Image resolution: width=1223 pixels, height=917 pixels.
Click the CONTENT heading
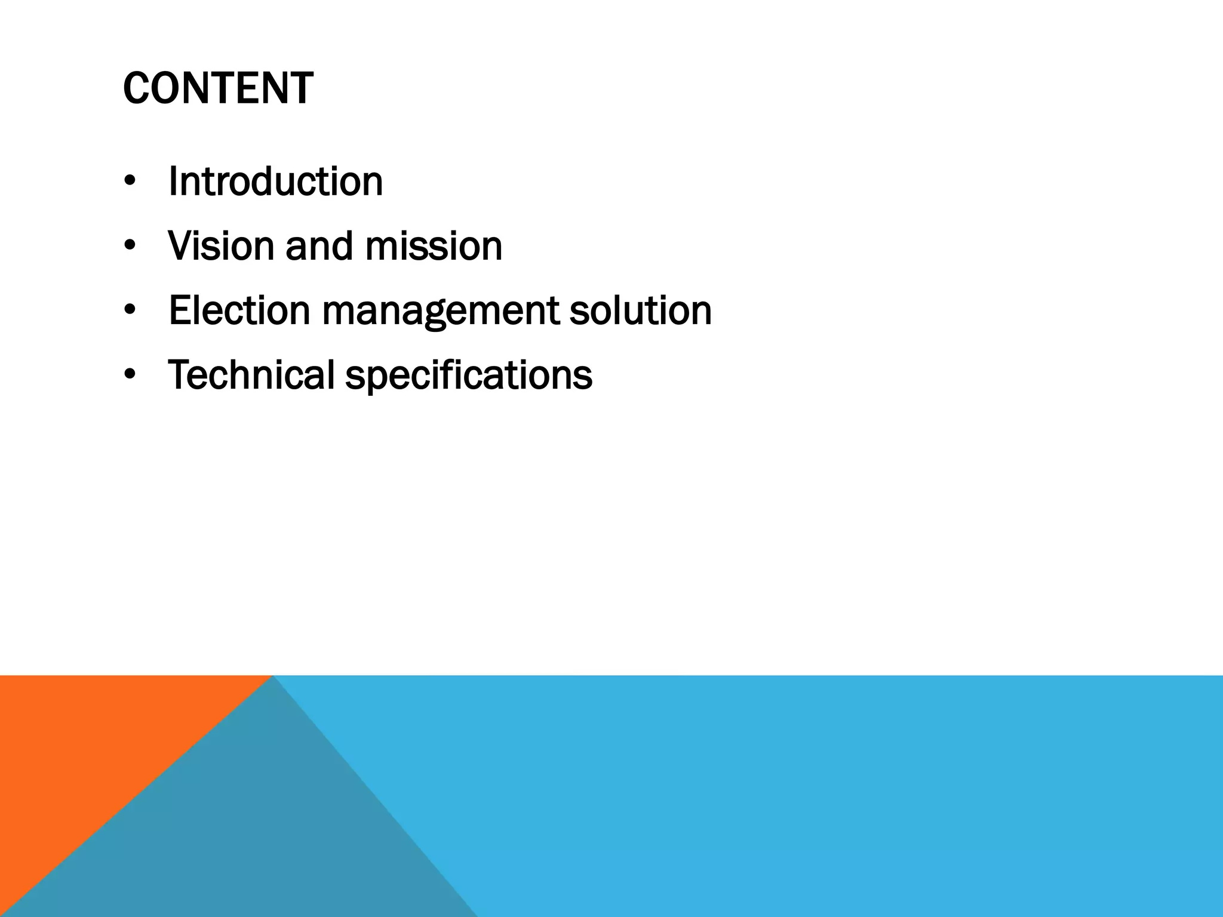pos(218,88)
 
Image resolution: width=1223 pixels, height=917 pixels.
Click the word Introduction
pos(275,181)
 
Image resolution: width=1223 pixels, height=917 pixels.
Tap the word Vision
pos(221,246)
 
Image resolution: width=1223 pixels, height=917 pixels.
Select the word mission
pos(434,246)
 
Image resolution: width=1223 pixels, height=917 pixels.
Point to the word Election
pos(239,310)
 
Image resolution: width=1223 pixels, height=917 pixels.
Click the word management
pos(441,312)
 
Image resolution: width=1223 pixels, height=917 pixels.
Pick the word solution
pos(640,310)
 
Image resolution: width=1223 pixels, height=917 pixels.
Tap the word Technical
pos(251,375)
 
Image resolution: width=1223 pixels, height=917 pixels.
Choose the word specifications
pos(469,376)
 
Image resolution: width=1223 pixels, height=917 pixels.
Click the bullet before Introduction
pos(130,182)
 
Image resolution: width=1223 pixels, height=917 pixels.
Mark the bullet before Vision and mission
pos(130,247)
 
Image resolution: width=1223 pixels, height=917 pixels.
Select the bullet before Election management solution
pos(130,311)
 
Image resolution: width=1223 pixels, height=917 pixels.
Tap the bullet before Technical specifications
pos(130,376)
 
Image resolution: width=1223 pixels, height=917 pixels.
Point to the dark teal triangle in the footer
pos(251,836)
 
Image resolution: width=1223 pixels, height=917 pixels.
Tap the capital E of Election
pos(181,310)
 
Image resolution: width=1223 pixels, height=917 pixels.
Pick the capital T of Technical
pos(181,375)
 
